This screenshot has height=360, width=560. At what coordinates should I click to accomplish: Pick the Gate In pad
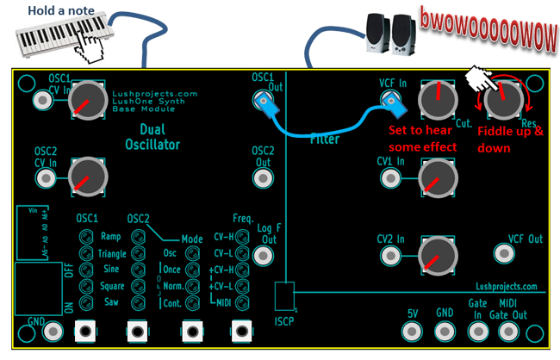point(476,331)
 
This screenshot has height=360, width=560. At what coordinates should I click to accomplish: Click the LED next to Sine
point(85,270)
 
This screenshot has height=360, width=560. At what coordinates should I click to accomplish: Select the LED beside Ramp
point(85,237)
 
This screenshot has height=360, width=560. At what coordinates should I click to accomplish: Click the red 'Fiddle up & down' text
point(510,139)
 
